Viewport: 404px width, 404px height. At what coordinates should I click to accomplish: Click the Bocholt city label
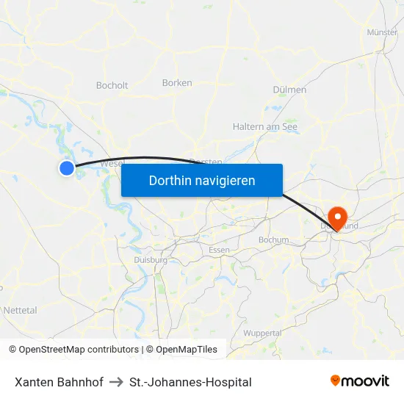tap(112, 85)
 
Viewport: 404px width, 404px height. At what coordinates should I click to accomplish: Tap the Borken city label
tap(177, 83)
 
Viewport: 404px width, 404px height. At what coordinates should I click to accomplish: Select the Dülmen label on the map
tap(289, 90)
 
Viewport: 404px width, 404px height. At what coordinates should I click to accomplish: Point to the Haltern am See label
tap(265, 126)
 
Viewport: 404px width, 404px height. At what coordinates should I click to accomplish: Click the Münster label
tap(382, 32)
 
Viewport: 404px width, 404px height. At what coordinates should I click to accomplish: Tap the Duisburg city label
tap(151, 259)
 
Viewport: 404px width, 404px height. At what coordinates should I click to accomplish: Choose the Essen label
tap(219, 250)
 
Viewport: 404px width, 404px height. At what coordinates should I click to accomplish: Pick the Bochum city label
tap(273, 239)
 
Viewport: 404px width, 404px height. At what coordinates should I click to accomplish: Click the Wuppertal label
tap(262, 333)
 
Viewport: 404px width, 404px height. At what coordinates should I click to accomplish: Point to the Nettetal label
tap(20, 311)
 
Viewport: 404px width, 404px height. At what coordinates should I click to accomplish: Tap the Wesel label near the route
tap(112, 162)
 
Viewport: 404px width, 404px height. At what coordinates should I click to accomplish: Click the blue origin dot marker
tap(67, 168)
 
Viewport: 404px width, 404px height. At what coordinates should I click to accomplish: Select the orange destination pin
tap(338, 217)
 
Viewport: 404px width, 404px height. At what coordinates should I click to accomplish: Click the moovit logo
tap(360, 381)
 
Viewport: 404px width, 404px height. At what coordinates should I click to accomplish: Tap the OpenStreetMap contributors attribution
tap(79, 350)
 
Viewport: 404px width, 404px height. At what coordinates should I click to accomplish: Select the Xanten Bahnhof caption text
tap(59, 382)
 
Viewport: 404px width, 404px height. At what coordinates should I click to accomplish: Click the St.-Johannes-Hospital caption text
tap(190, 382)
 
